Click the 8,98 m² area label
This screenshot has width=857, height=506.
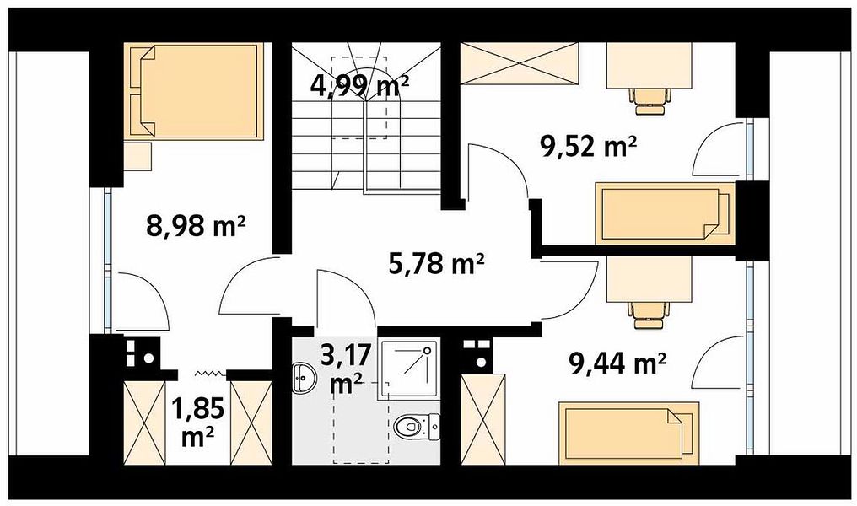[x=195, y=225]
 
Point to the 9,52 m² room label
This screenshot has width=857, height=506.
[x=588, y=147]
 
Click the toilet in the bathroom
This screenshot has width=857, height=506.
[x=417, y=425]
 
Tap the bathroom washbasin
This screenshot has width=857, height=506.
[x=302, y=378]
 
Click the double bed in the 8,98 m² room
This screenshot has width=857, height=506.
[x=194, y=91]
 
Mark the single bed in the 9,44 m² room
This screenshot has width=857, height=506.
[x=628, y=433]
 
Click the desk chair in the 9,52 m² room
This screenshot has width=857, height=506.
[x=649, y=100]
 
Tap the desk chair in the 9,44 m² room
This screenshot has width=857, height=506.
[x=649, y=315]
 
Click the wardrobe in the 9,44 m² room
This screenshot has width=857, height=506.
[x=476, y=419]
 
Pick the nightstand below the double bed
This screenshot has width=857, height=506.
[x=137, y=157]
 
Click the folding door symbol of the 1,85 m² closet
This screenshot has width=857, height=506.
[x=210, y=374]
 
